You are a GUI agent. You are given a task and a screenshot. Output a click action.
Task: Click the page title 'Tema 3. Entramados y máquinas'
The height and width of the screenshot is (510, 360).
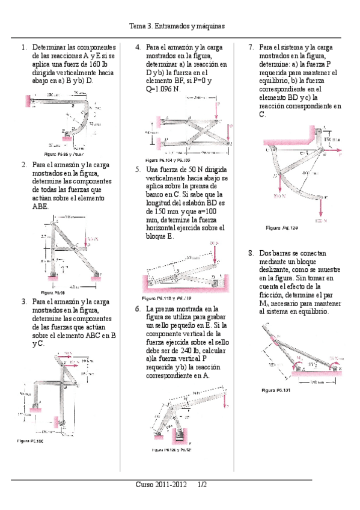180,26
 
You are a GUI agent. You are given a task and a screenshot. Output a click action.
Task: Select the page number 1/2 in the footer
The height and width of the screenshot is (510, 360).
201,484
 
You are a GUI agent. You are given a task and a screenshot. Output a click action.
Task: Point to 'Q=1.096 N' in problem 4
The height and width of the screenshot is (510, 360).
164,88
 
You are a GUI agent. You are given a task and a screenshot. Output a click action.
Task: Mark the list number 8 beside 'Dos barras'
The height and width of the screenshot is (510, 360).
251,253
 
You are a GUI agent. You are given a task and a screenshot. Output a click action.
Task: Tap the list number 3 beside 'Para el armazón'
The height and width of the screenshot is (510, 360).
23,301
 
